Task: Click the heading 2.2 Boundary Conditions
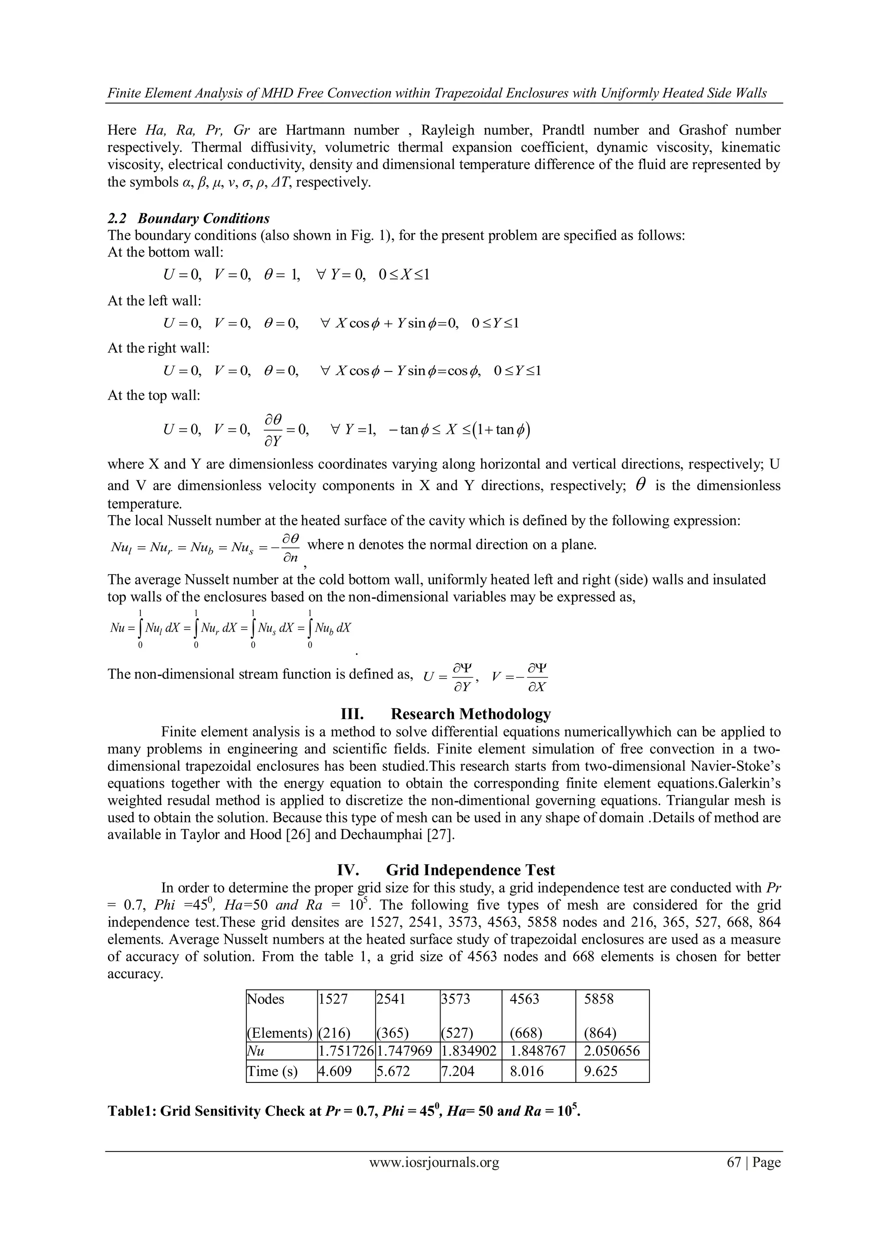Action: (x=189, y=218)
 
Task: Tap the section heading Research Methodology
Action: (x=470, y=714)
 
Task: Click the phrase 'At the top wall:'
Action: (x=154, y=395)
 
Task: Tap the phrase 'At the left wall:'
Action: (x=155, y=300)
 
